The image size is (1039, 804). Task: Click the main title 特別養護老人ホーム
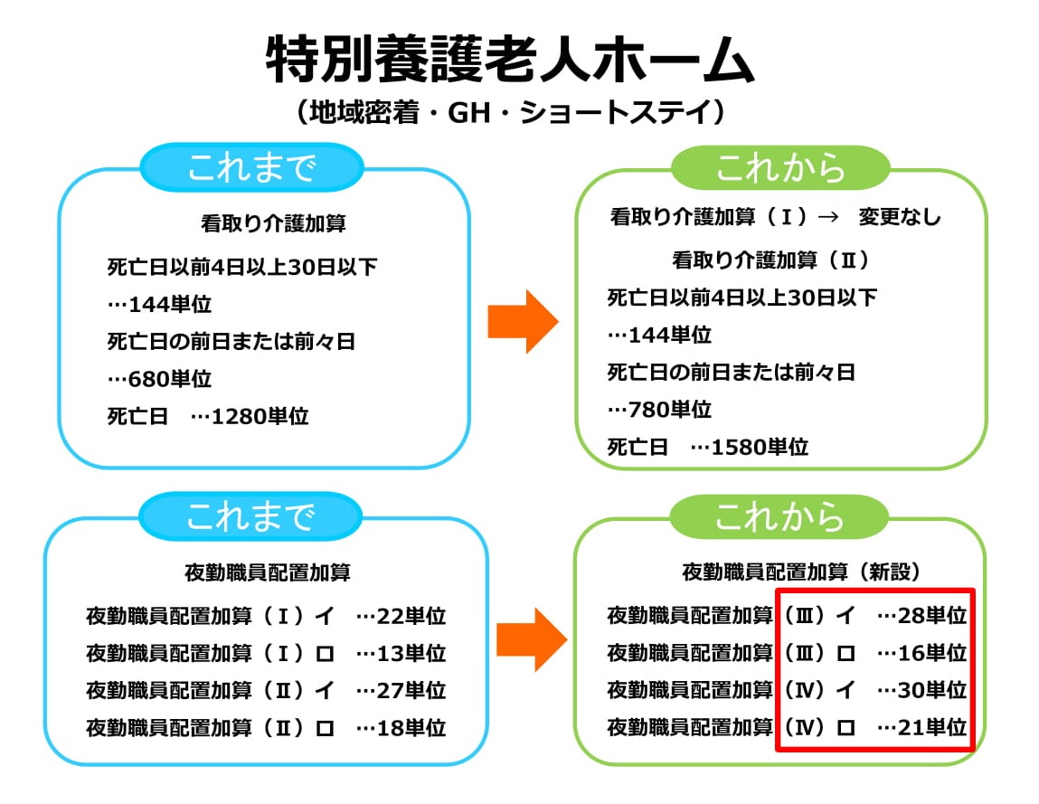(510, 60)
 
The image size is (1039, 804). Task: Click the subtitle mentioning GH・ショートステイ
(510, 112)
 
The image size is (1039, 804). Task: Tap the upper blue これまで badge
(251, 167)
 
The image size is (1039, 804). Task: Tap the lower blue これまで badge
(250, 516)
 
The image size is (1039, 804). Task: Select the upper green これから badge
(779, 167)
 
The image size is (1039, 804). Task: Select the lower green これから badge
(779, 516)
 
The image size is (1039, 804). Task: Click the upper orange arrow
(523, 321)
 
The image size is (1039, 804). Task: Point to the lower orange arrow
(532, 639)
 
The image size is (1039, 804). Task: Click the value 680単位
(170, 379)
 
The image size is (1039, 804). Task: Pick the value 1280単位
(260, 416)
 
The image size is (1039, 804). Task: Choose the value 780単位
(670, 410)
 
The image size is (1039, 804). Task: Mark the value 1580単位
(760, 448)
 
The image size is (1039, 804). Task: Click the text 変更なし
(899, 217)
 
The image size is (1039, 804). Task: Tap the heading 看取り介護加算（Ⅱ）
(770, 260)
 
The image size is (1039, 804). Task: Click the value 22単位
(411, 617)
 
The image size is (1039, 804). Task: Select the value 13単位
(411, 654)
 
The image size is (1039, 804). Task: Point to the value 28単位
(931, 616)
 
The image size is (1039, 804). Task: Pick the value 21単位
(931, 728)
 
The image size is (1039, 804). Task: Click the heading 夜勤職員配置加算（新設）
(801, 572)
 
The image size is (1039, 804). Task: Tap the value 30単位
(931, 691)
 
